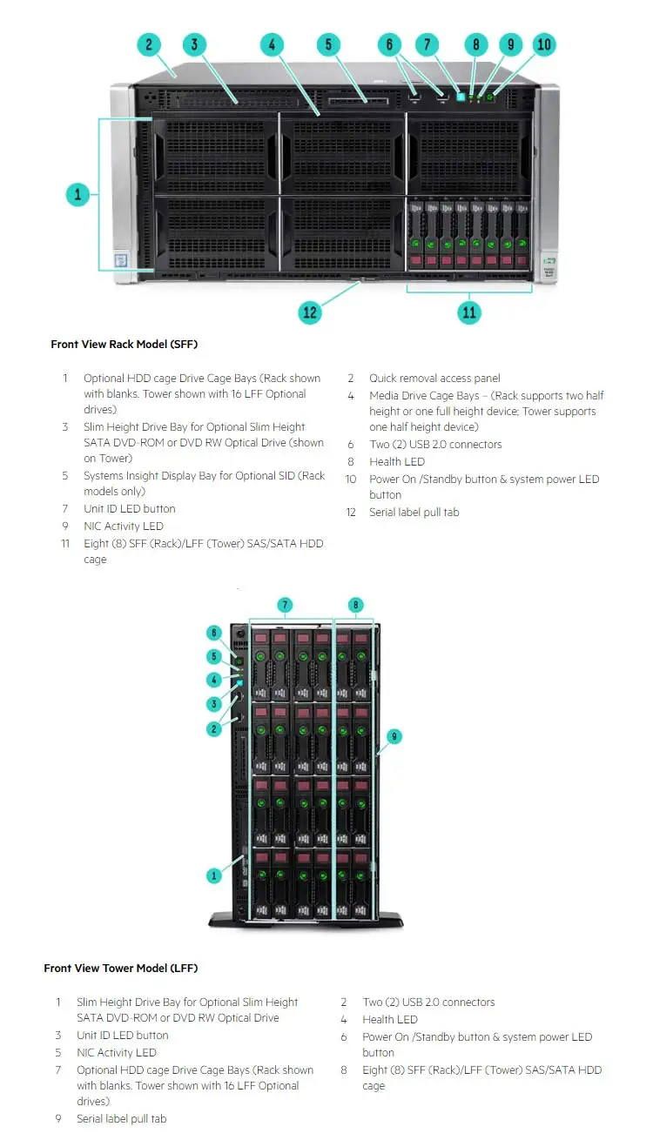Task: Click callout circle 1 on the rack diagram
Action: pos(78,194)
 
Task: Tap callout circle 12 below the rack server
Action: pos(310,312)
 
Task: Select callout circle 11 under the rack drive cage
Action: pos(469,312)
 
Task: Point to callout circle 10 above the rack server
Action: pos(543,44)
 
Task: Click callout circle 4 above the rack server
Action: pos(272,44)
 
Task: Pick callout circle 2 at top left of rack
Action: pos(149,44)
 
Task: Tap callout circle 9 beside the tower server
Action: pos(394,736)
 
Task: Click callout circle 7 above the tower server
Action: pos(285,604)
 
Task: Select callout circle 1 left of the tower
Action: pos(214,875)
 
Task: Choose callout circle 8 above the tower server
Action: pos(355,604)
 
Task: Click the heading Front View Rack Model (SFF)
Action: pos(124,345)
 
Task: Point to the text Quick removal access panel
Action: pos(434,379)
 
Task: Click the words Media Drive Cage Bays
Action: pos(424,396)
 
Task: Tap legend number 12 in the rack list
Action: pos(351,513)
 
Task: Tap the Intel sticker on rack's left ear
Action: pos(118,259)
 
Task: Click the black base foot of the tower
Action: pos(305,921)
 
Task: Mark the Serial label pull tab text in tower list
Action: pos(121,1118)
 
